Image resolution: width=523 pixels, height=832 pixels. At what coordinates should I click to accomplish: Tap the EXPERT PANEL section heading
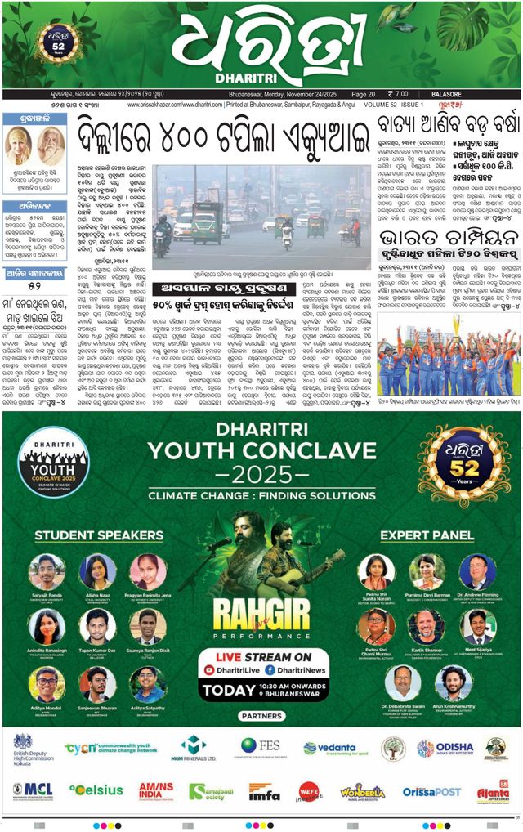tap(427, 535)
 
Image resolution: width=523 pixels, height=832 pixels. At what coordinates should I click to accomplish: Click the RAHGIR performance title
tap(261, 612)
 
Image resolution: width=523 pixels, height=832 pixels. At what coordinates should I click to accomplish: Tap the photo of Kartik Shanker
tap(427, 626)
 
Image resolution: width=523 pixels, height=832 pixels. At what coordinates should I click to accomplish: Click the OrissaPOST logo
tap(431, 791)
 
